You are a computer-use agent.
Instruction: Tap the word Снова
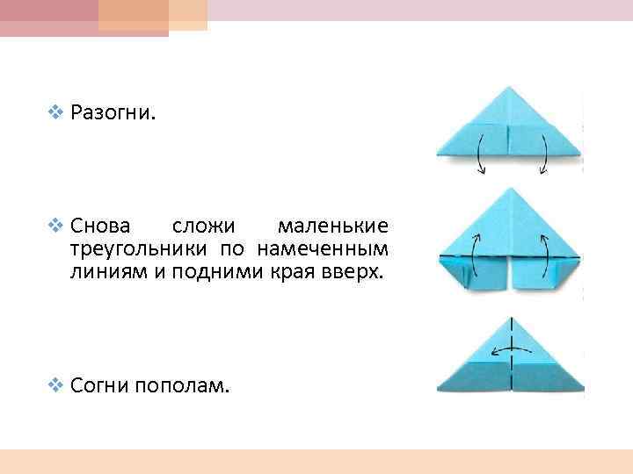point(99,227)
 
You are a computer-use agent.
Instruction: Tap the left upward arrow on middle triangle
point(475,250)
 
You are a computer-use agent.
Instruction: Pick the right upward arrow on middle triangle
point(547,250)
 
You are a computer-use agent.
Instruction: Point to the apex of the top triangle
point(511,88)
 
